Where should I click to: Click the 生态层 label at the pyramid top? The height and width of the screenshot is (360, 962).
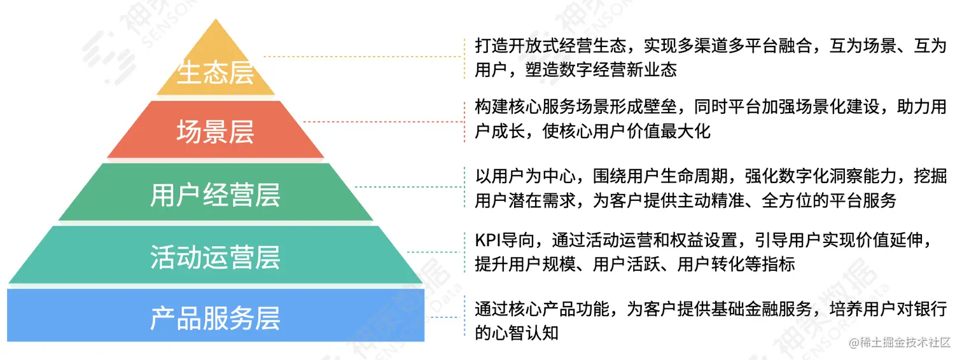[x=216, y=73]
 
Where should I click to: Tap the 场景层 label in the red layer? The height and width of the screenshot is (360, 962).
[x=216, y=133]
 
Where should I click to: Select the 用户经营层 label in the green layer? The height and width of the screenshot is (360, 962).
[x=216, y=195]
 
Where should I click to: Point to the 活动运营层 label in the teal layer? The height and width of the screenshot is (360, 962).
[x=216, y=258]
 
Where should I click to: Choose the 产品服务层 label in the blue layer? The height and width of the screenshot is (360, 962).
[x=216, y=319]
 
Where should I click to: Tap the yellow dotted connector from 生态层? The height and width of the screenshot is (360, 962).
[x=363, y=57]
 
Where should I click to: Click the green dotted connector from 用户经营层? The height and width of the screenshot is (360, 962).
[x=408, y=186]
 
